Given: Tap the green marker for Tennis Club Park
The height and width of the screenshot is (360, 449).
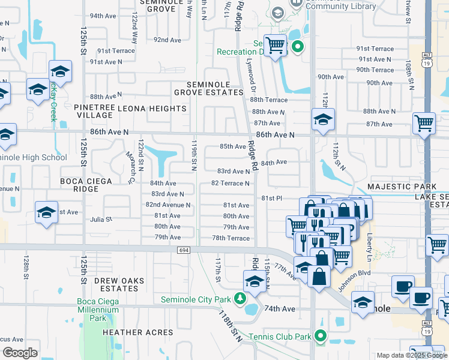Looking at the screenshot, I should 321,337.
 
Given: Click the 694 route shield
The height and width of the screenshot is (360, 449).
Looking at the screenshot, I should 184,250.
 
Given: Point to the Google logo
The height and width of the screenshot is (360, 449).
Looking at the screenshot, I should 20,352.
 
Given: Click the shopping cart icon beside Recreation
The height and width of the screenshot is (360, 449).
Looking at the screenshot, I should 275,45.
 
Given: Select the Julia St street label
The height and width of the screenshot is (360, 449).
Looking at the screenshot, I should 101,220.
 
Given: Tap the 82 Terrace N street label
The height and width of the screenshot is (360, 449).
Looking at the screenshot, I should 230,183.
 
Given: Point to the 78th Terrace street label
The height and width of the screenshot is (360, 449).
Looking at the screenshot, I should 231,238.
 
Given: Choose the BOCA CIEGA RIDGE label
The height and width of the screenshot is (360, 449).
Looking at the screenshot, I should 86,185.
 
